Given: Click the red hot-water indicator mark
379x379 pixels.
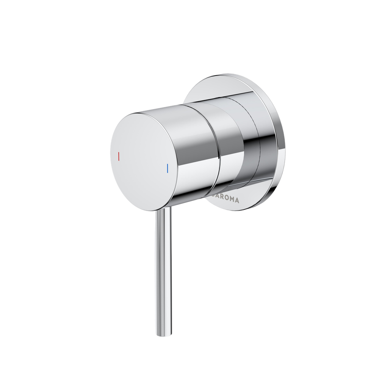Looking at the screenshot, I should pyautogui.click(x=119, y=156).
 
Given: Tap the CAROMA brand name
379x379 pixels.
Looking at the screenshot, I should pyautogui.click(x=225, y=198).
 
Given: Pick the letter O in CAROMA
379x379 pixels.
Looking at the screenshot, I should pyautogui.click(x=226, y=198).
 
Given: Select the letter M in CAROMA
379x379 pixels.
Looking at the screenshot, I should pyautogui.click(x=232, y=199).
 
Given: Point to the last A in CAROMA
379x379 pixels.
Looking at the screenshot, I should pyautogui.click(x=237, y=200).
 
